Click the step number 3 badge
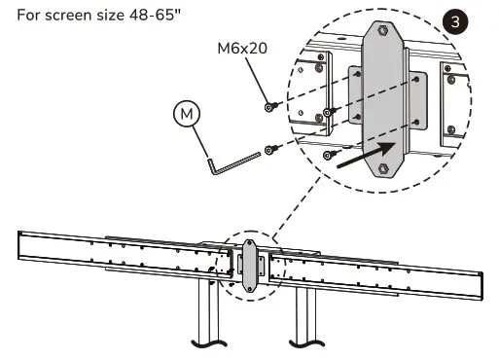[x=455, y=21]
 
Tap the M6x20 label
[x=242, y=49]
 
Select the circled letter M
[x=187, y=114]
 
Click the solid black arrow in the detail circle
[x=367, y=155]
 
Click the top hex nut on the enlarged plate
[x=383, y=30]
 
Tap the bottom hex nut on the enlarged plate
[x=383, y=168]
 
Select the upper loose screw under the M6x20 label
[x=271, y=106]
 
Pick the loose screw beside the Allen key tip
[x=271, y=150]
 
